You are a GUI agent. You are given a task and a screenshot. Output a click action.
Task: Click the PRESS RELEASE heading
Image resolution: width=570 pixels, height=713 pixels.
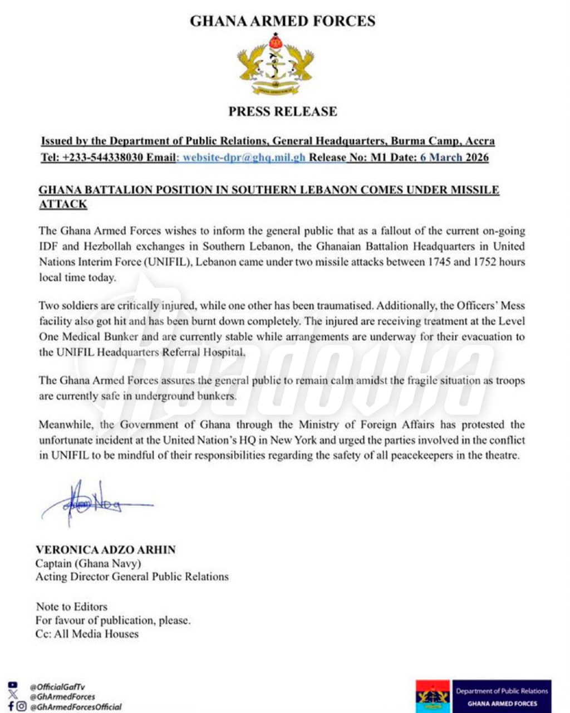(x=283, y=111)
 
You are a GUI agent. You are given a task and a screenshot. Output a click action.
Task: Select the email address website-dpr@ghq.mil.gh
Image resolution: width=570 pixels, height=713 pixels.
(x=244, y=157)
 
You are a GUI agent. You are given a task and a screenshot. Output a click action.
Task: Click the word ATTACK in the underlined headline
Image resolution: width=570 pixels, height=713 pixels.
(x=63, y=204)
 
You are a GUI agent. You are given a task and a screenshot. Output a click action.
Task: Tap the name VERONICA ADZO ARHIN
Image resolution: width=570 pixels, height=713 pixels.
(x=106, y=550)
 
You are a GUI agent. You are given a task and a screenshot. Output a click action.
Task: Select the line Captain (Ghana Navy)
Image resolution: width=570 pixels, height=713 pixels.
(x=89, y=563)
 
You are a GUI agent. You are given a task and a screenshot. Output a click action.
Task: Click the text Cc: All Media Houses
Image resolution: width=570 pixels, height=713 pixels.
(x=87, y=634)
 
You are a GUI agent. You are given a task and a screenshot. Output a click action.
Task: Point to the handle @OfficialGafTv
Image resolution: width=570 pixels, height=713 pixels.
(x=57, y=687)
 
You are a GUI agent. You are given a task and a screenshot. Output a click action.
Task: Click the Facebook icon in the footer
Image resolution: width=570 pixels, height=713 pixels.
(x=11, y=706)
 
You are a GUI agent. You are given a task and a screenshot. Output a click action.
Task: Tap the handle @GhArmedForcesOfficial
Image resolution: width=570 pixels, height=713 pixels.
(x=76, y=707)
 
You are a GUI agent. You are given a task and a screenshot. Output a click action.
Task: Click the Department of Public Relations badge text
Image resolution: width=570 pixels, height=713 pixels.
(x=502, y=691)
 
